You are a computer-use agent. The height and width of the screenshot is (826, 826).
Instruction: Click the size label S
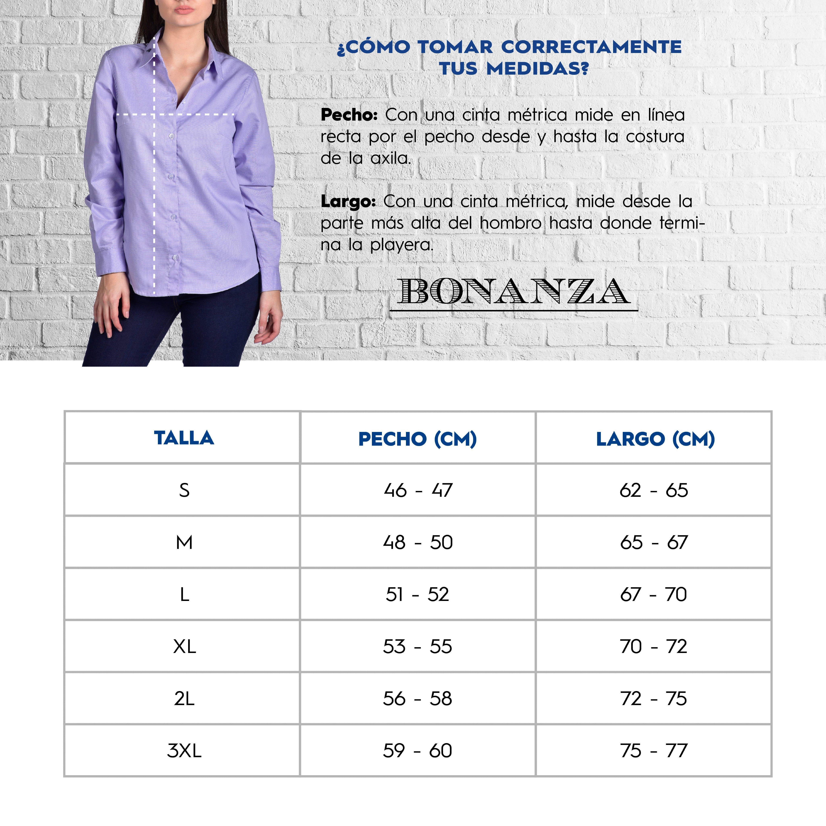[184, 490]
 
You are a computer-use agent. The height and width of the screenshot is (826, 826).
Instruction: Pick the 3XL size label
[184, 751]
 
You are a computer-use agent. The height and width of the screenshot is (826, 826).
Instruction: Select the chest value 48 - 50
[418, 542]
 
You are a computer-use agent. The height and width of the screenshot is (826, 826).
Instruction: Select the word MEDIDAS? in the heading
[538, 68]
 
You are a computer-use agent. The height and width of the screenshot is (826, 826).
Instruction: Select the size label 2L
[184, 699]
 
